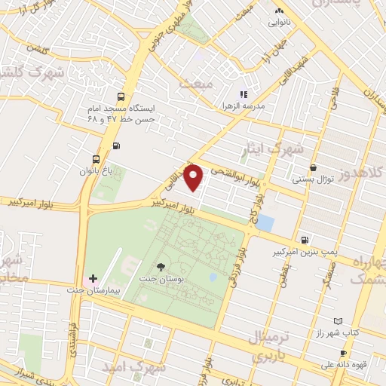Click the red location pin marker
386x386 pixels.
click(195, 177)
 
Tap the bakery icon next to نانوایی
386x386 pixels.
click(280, 11)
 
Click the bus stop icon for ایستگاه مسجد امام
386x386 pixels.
click(121, 96)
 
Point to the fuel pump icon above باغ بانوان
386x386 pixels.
click(115, 146)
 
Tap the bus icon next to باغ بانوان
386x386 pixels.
click(95, 159)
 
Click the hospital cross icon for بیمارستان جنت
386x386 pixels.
click(93, 279)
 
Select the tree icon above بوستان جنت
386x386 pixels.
click(160, 267)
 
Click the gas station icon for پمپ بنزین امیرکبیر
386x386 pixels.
click(303, 235)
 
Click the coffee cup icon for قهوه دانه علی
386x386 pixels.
click(343, 353)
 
